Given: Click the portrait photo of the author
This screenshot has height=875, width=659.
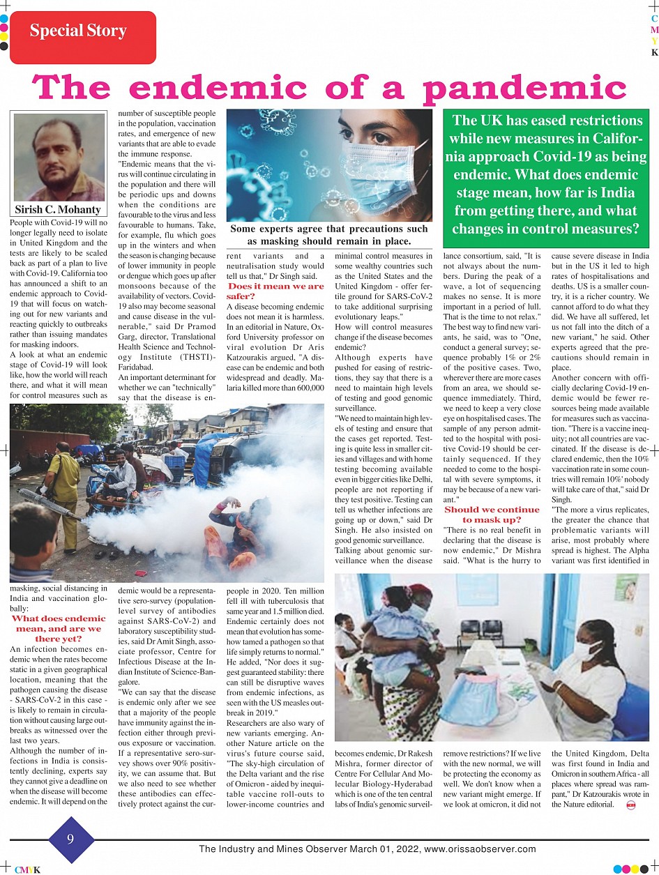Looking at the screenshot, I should click(x=59, y=158).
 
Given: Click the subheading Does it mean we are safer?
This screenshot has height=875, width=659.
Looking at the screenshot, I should click(x=275, y=291).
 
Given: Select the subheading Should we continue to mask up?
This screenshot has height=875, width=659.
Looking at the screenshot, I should click(x=492, y=514).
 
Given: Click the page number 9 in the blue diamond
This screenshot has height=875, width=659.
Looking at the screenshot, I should click(x=70, y=840).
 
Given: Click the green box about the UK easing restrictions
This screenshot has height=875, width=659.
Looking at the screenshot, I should click(x=547, y=174).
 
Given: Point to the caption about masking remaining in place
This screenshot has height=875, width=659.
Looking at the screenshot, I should click(x=329, y=235).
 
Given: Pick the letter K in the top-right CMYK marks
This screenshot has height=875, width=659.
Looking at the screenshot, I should click(x=654, y=52).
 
